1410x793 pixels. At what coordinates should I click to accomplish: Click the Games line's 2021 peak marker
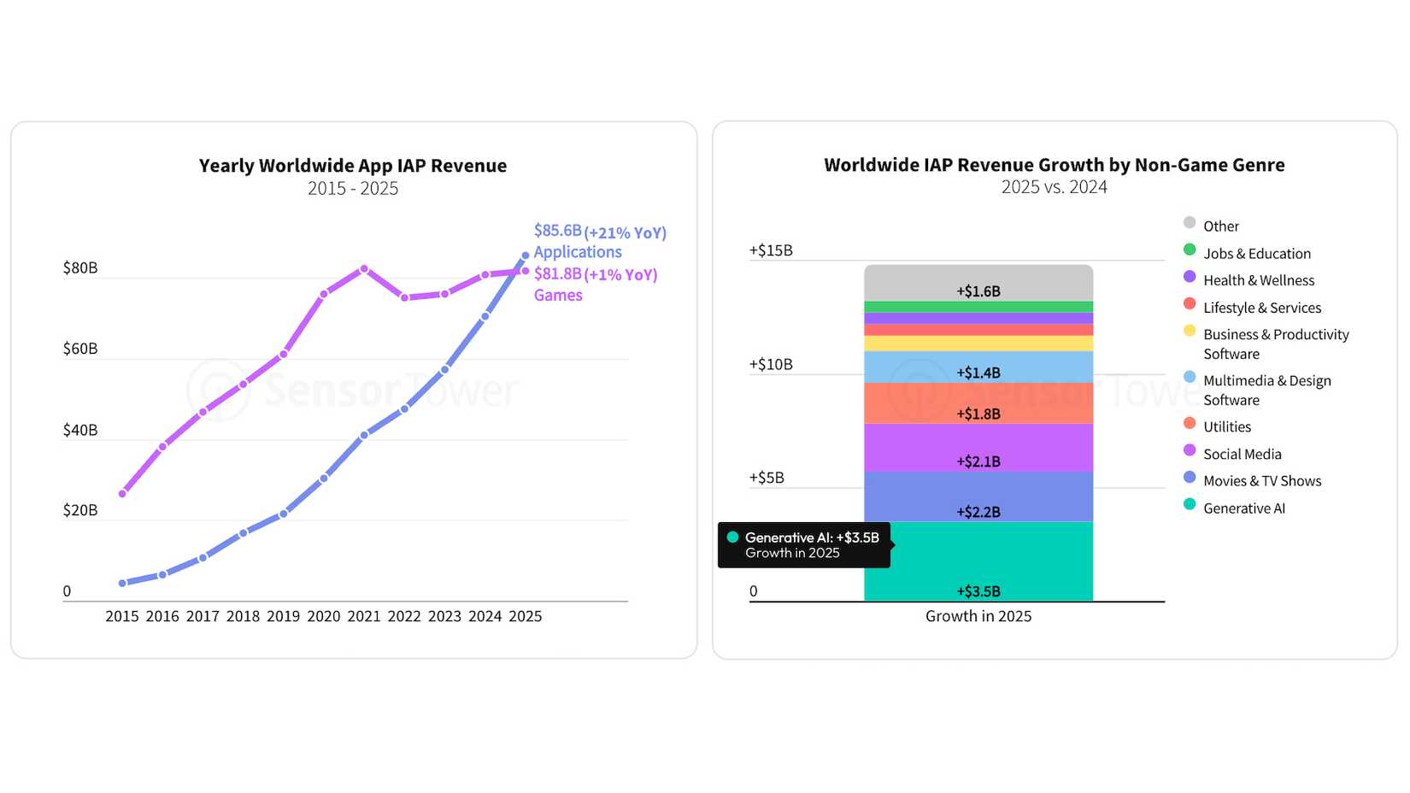point(364,268)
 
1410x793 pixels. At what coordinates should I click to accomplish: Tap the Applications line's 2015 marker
point(122,583)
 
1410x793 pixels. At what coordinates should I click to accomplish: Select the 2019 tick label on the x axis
point(283,616)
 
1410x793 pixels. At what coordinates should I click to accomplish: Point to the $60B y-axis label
point(80,349)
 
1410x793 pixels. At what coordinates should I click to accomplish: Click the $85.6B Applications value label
point(557,231)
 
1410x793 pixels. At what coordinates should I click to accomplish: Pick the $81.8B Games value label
point(557,273)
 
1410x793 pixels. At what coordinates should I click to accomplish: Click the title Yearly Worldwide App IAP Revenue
point(353,166)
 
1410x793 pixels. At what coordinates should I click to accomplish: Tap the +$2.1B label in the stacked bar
point(978,461)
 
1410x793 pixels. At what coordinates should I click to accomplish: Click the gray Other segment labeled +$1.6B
point(978,283)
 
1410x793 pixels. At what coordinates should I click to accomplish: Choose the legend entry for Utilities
point(1226,426)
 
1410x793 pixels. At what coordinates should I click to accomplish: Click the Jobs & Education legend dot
point(1190,250)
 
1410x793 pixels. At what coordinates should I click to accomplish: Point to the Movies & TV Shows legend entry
point(1261,481)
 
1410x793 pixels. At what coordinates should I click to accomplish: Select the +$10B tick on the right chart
point(771,364)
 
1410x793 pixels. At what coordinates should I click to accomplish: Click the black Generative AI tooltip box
point(803,545)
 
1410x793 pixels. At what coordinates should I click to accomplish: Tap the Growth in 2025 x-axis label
point(978,616)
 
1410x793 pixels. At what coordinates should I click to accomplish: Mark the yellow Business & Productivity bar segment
point(978,344)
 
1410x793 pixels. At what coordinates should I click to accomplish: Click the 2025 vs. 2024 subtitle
point(1054,187)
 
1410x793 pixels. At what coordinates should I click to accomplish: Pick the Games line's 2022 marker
point(404,297)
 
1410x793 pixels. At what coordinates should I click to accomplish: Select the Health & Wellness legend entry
point(1258,280)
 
